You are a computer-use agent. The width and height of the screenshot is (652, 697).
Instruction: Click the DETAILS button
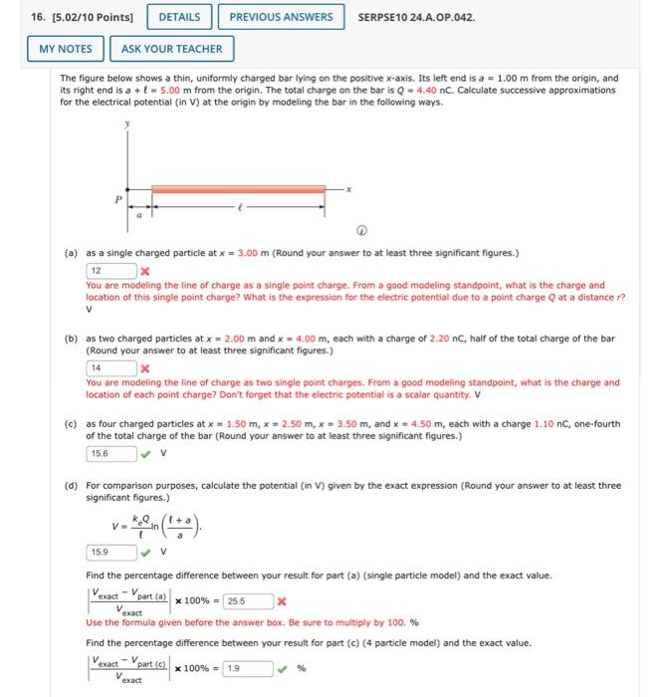(x=179, y=17)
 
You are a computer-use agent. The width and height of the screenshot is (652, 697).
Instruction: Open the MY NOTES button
(x=66, y=49)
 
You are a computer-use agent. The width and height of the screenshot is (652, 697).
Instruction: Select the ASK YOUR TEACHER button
(x=172, y=49)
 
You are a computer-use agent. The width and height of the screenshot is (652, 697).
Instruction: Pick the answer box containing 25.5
(x=248, y=601)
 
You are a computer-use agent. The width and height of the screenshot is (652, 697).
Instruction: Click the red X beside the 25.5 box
(x=283, y=602)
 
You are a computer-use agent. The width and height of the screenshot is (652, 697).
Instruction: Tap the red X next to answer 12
(x=145, y=271)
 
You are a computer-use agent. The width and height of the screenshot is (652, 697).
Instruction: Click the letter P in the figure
(x=117, y=198)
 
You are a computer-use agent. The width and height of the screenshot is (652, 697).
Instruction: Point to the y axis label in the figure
(x=127, y=125)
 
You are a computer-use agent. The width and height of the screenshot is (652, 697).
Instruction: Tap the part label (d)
(x=71, y=486)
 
